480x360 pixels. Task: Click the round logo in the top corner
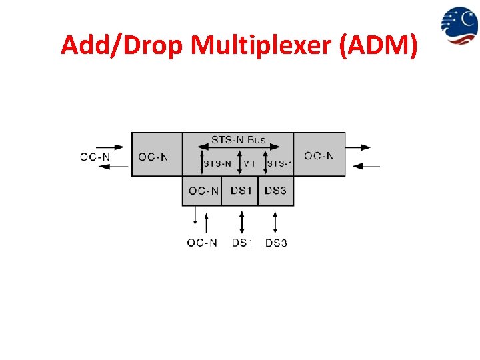pos(459,25)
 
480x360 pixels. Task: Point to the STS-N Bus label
pos(238,140)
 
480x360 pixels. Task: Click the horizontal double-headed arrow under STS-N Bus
pos(238,149)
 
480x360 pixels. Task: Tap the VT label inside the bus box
pos(249,163)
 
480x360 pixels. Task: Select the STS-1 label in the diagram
pos(279,163)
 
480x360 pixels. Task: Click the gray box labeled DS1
pos(241,191)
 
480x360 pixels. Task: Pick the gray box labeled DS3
pos(276,191)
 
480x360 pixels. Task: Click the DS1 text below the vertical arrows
pos(242,243)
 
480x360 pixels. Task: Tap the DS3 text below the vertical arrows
pos(276,243)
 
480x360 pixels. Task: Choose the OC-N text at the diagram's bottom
pos(202,243)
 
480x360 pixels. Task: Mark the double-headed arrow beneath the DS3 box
pos(276,221)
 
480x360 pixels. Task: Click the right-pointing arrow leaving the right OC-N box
pos(363,147)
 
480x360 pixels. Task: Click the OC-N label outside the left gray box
pos(95,157)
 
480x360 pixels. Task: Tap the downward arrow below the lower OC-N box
pos(195,217)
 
